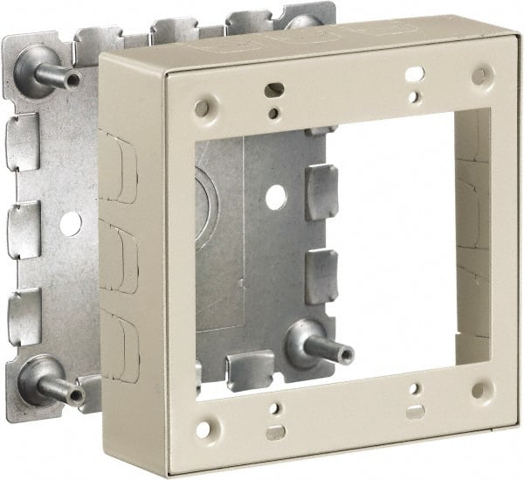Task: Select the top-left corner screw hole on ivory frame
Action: pyautogui.click(x=202, y=108)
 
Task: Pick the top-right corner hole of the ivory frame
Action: pyautogui.click(x=479, y=76)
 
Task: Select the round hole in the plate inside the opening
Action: pyautogui.click(x=276, y=198)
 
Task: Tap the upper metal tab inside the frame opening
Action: pyautogui.click(x=321, y=191)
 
